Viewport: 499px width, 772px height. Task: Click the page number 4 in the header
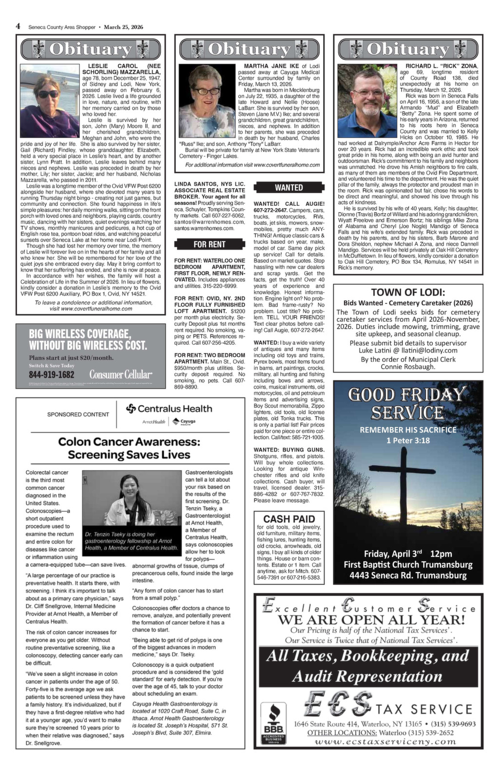(x=18, y=26)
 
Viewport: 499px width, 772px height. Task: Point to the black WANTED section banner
(x=289, y=187)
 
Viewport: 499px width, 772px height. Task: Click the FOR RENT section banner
(x=210, y=244)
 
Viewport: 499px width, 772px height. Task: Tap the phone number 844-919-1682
(x=52, y=375)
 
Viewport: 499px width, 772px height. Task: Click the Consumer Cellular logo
(x=121, y=375)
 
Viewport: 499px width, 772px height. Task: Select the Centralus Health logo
(x=169, y=409)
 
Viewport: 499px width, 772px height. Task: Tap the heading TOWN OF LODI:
(x=408, y=293)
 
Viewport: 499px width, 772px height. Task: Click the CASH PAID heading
(x=289, y=519)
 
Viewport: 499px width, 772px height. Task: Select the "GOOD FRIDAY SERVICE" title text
(x=408, y=403)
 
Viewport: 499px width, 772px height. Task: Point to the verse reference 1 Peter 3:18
(x=408, y=440)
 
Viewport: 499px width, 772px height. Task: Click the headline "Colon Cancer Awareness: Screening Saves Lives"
(x=129, y=448)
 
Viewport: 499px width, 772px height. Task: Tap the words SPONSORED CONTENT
(x=78, y=415)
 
